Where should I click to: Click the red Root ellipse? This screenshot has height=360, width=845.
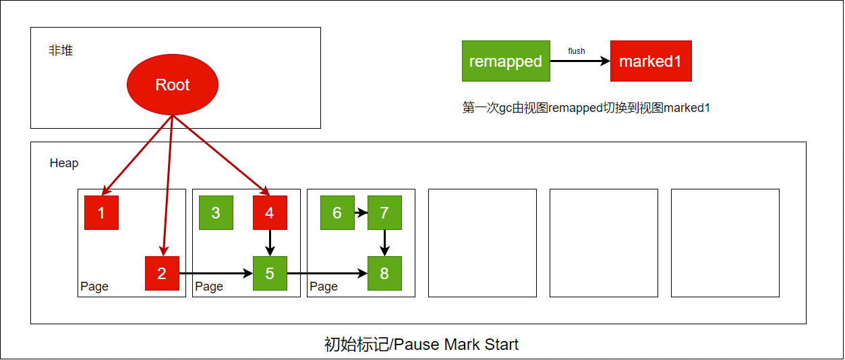173,84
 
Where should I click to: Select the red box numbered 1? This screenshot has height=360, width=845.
101,212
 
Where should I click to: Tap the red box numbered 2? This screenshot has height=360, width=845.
162,273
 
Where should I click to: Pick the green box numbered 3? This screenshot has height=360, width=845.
216,212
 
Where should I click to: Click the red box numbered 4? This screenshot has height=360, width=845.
270,212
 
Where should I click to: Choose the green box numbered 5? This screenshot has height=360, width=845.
270,273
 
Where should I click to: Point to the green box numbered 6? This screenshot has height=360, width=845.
337,212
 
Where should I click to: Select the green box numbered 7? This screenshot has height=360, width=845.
384,212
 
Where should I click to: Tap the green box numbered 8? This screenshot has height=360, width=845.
384,273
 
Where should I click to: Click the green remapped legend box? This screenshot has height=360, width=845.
506,61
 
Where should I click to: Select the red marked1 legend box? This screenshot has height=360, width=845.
651,61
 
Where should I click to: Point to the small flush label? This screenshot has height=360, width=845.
577,51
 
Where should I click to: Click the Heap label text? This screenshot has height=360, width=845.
64,163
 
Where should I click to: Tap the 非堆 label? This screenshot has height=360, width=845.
61,51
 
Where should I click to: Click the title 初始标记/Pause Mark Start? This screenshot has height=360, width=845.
421,344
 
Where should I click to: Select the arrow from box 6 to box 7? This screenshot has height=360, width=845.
361,213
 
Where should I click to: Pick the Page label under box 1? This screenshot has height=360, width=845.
94,287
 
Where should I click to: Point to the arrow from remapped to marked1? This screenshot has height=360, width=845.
580,61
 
